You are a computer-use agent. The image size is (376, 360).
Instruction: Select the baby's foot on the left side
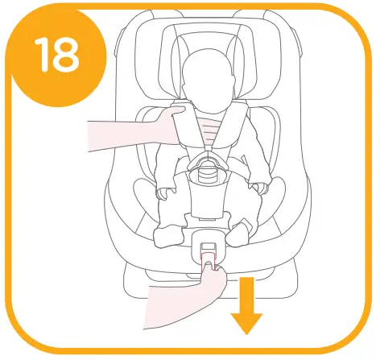coord(167,235)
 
